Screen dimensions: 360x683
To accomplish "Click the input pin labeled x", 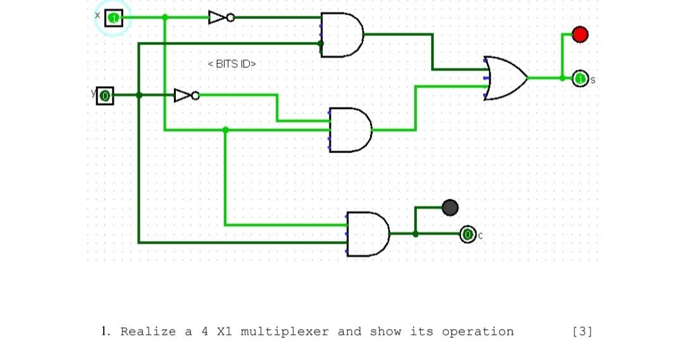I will [114, 18].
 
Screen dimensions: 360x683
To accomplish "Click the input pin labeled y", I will [105, 96].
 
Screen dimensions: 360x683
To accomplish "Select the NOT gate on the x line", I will [221, 18].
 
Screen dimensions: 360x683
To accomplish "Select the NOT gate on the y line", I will [186, 96].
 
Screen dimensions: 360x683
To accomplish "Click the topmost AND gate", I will [341, 35].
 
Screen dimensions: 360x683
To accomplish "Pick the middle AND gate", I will [349, 130].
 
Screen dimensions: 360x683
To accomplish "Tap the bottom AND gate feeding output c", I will [367, 233].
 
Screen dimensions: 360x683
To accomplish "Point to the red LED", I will [580, 34].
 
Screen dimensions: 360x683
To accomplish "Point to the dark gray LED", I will [450, 207].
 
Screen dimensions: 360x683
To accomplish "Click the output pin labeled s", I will [581, 78].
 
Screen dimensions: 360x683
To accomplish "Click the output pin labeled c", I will [467, 235].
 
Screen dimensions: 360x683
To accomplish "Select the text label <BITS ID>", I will [231, 64].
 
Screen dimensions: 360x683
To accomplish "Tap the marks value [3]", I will [582, 332].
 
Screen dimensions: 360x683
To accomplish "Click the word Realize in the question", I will [148, 332].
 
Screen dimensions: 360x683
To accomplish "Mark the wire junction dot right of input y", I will [139, 96].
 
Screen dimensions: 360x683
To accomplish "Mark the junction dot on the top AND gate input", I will [321, 44].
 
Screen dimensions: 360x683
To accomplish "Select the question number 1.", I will [104, 332].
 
